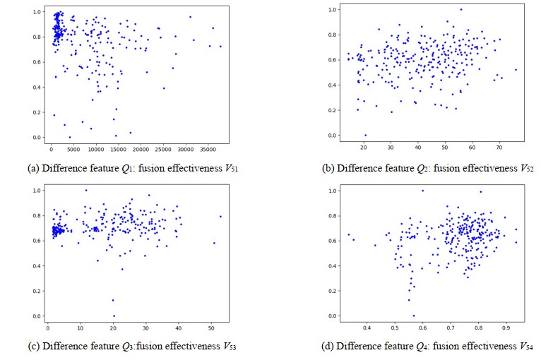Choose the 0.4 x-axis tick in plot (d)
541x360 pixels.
click(x=367, y=328)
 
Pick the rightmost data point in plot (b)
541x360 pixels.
click(x=516, y=69)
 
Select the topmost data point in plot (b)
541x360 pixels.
click(x=460, y=9)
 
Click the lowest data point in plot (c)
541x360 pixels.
click(x=113, y=316)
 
